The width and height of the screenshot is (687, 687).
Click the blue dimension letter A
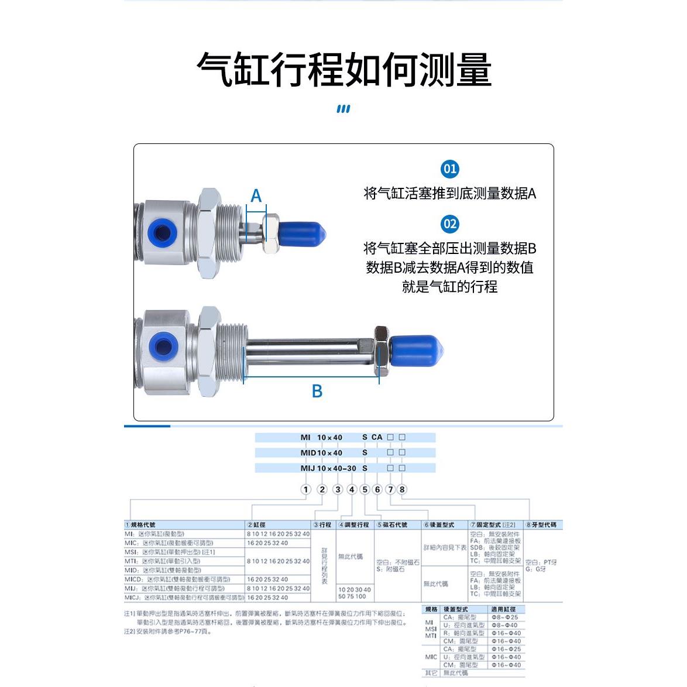point(256,195)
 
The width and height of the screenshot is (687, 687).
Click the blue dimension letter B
point(317,391)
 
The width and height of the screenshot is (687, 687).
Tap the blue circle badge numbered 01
point(449,169)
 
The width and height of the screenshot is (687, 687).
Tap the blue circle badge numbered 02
point(449,224)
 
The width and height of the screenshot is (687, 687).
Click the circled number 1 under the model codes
point(305,489)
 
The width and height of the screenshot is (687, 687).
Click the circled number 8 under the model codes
point(402,489)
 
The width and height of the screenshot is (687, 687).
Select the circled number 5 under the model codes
point(365,489)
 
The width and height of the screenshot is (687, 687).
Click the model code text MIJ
point(308,468)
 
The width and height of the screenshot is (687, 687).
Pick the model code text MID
point(308,453)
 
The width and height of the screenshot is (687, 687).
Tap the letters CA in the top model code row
point(377,437)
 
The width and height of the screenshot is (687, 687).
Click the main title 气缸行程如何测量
point(343,70)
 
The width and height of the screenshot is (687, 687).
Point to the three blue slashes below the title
point(343,109)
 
